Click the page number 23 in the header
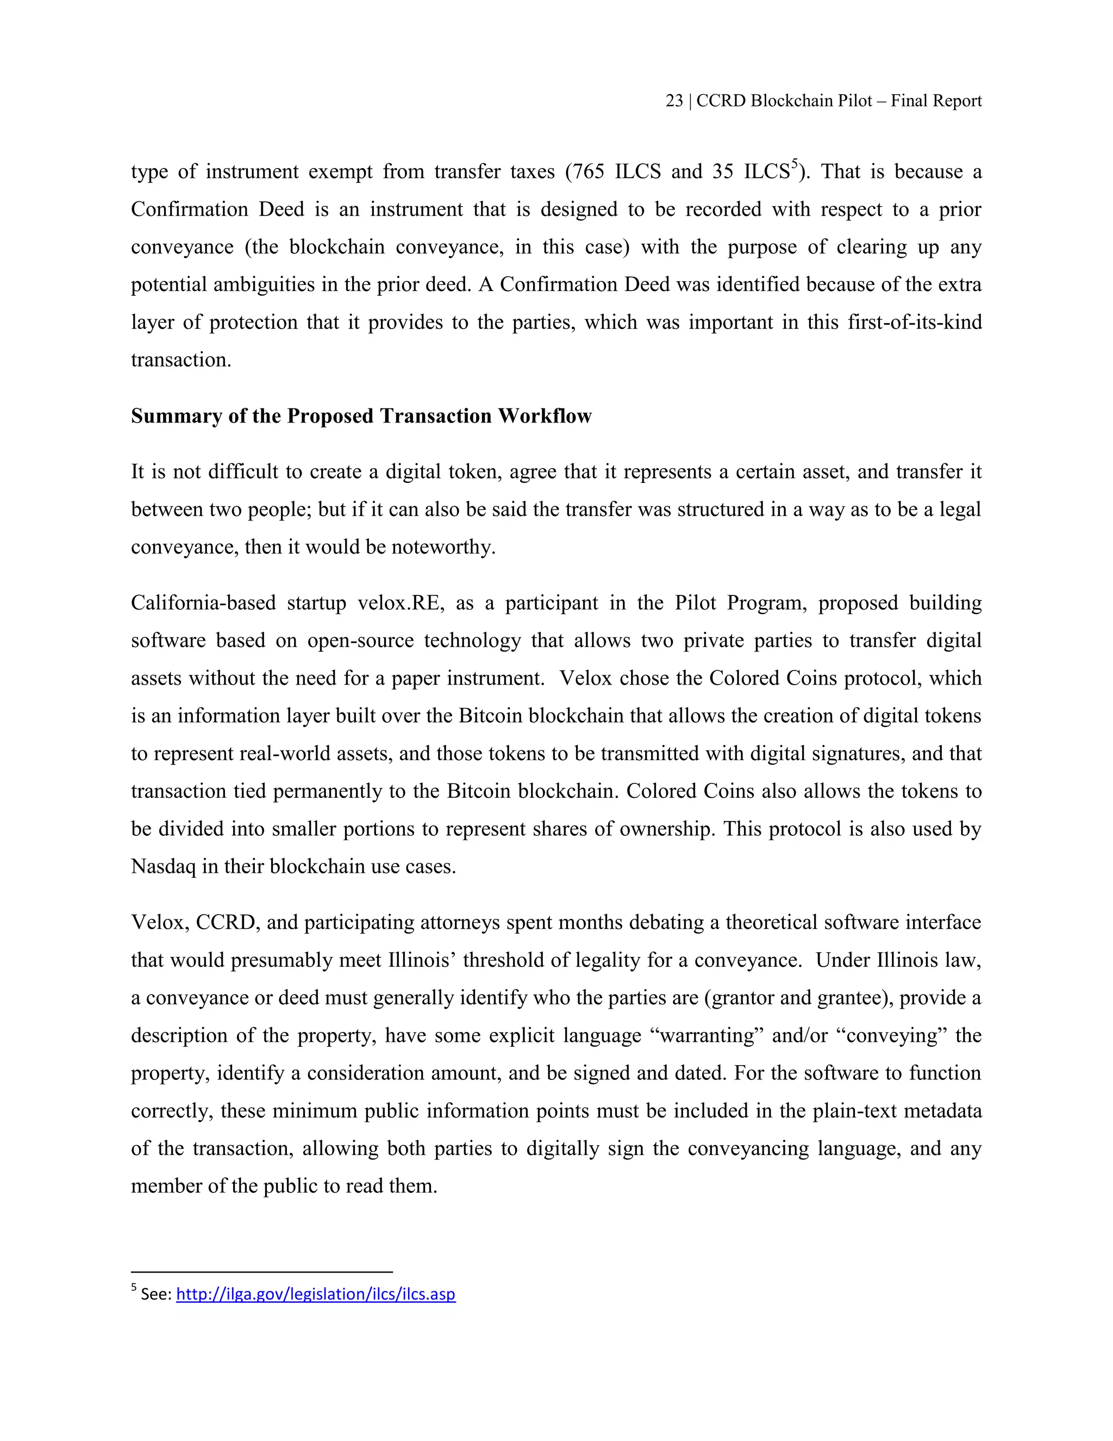(674, 101)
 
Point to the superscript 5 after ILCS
(795, 164)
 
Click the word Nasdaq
(164, 866)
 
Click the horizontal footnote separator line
(262, 1271)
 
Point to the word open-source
(360, 641)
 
